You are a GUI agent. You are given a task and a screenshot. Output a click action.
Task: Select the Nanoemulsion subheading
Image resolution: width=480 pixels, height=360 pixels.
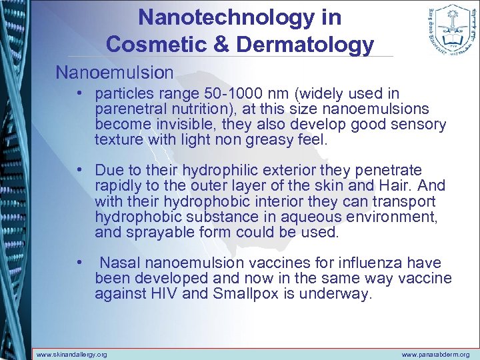pyautogui.click(x=114, y=71)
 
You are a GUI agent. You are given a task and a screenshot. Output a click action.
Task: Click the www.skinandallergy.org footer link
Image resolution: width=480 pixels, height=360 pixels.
pyautogui.click(x=71, y=354)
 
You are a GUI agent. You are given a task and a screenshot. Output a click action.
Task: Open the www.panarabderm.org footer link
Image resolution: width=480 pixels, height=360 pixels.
pyautogui.click(x=435, y=354)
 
